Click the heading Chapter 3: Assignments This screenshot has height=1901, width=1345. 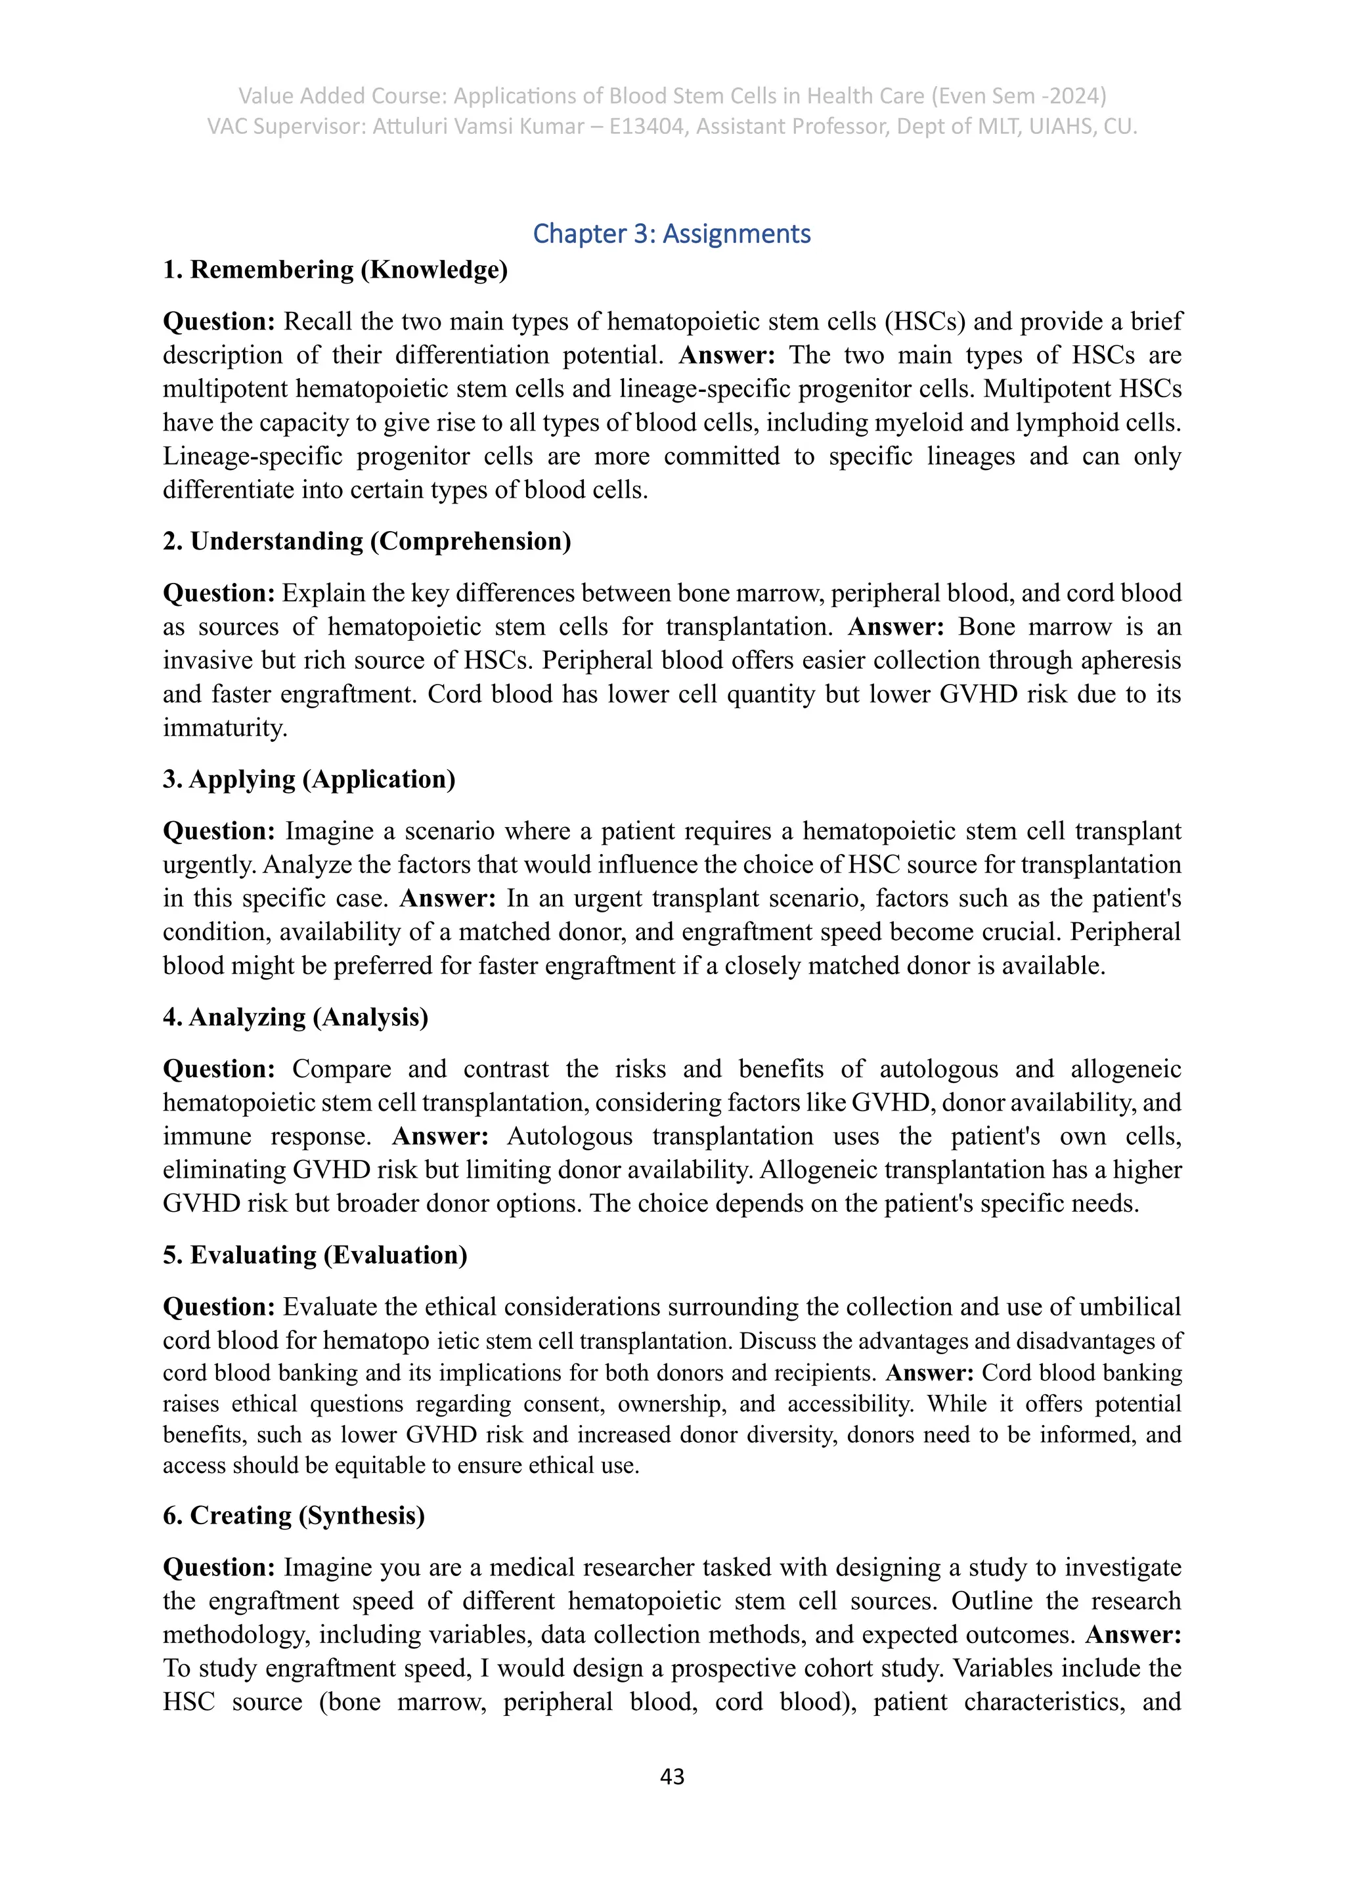pyautogui.click(x=672, y=234)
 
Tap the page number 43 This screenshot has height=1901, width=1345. pyautogui.click(x=672, y=1776)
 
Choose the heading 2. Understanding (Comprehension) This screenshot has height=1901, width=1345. pyautogui.click(x=367, y=542)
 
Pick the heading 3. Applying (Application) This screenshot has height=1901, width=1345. pyautogui.click(x=309, y=780)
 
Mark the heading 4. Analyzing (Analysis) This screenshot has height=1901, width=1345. pyautogui.click(x=296, y=1017)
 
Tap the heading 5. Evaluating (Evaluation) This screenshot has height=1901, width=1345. pyautogui.click(x=315, y=1255)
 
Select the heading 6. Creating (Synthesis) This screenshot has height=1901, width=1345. pyautogui.click(x=294, y=1516)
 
